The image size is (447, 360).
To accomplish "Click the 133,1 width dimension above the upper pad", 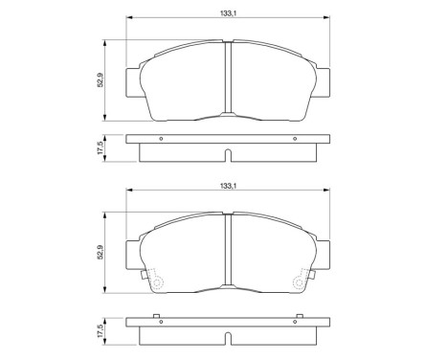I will coord(226,12).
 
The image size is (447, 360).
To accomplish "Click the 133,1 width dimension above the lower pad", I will coord(226,186).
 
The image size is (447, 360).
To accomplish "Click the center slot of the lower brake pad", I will coord(226,253).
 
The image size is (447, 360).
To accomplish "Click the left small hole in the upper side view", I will coord(161,140).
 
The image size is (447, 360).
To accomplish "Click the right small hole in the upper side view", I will coord(291,140).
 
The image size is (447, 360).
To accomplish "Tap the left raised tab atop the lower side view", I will coord(153,318).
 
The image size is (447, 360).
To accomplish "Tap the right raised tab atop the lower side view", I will coord(300,318).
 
